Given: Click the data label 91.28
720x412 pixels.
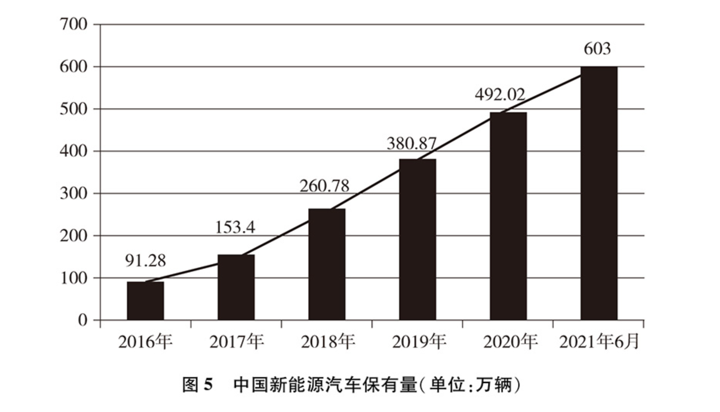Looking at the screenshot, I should point(145,261).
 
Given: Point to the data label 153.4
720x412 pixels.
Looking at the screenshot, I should point(235,227).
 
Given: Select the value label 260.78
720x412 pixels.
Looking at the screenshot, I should point(324,186).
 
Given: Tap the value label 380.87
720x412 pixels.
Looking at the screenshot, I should point(412,144).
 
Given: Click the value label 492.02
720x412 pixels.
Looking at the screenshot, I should point(500,94).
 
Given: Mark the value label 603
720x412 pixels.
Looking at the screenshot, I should point(597,49).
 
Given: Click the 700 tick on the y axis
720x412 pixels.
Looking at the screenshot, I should point(74,25).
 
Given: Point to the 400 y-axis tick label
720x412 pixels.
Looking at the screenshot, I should point(74,151).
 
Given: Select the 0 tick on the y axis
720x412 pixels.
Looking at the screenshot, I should point(83,320).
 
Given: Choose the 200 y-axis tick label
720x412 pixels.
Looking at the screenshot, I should point(74,235).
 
